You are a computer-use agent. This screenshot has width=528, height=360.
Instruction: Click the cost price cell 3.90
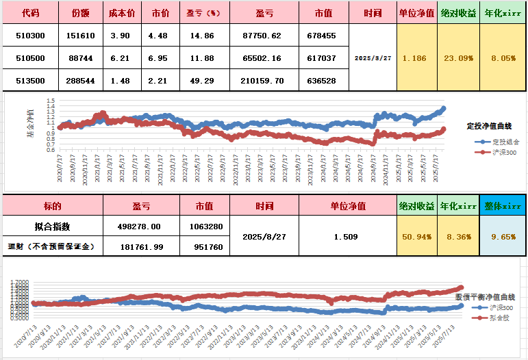click(x=121, y=36)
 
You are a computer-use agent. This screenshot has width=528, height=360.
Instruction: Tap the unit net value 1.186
click(x=415, y=58)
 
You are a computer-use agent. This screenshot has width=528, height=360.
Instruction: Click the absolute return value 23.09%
click(x=458, y=58)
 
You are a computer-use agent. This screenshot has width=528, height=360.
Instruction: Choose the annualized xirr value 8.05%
click(x=503, y=58)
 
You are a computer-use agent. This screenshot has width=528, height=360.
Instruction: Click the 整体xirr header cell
click(x=503, y=205)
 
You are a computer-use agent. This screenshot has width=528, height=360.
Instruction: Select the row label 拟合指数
click(x=52, y=226)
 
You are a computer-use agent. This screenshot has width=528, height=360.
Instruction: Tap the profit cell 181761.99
click(x=141, y=246)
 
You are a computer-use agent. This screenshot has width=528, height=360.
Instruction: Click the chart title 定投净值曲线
click(x=490, y=126)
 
